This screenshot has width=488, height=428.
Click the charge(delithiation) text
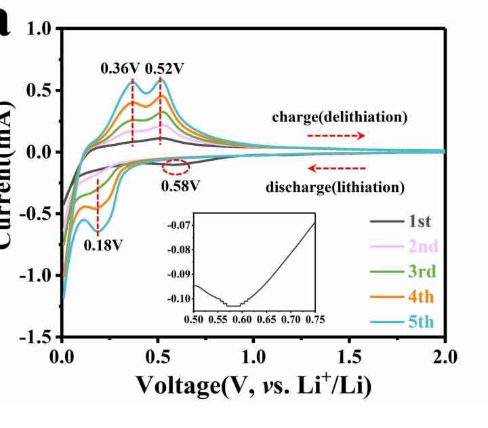(340, 117)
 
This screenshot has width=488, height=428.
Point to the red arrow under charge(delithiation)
(336, 136)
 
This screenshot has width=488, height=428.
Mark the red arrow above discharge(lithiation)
(336, 168)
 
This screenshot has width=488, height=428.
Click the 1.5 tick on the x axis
(350, 355)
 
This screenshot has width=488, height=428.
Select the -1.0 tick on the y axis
(39, 275)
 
